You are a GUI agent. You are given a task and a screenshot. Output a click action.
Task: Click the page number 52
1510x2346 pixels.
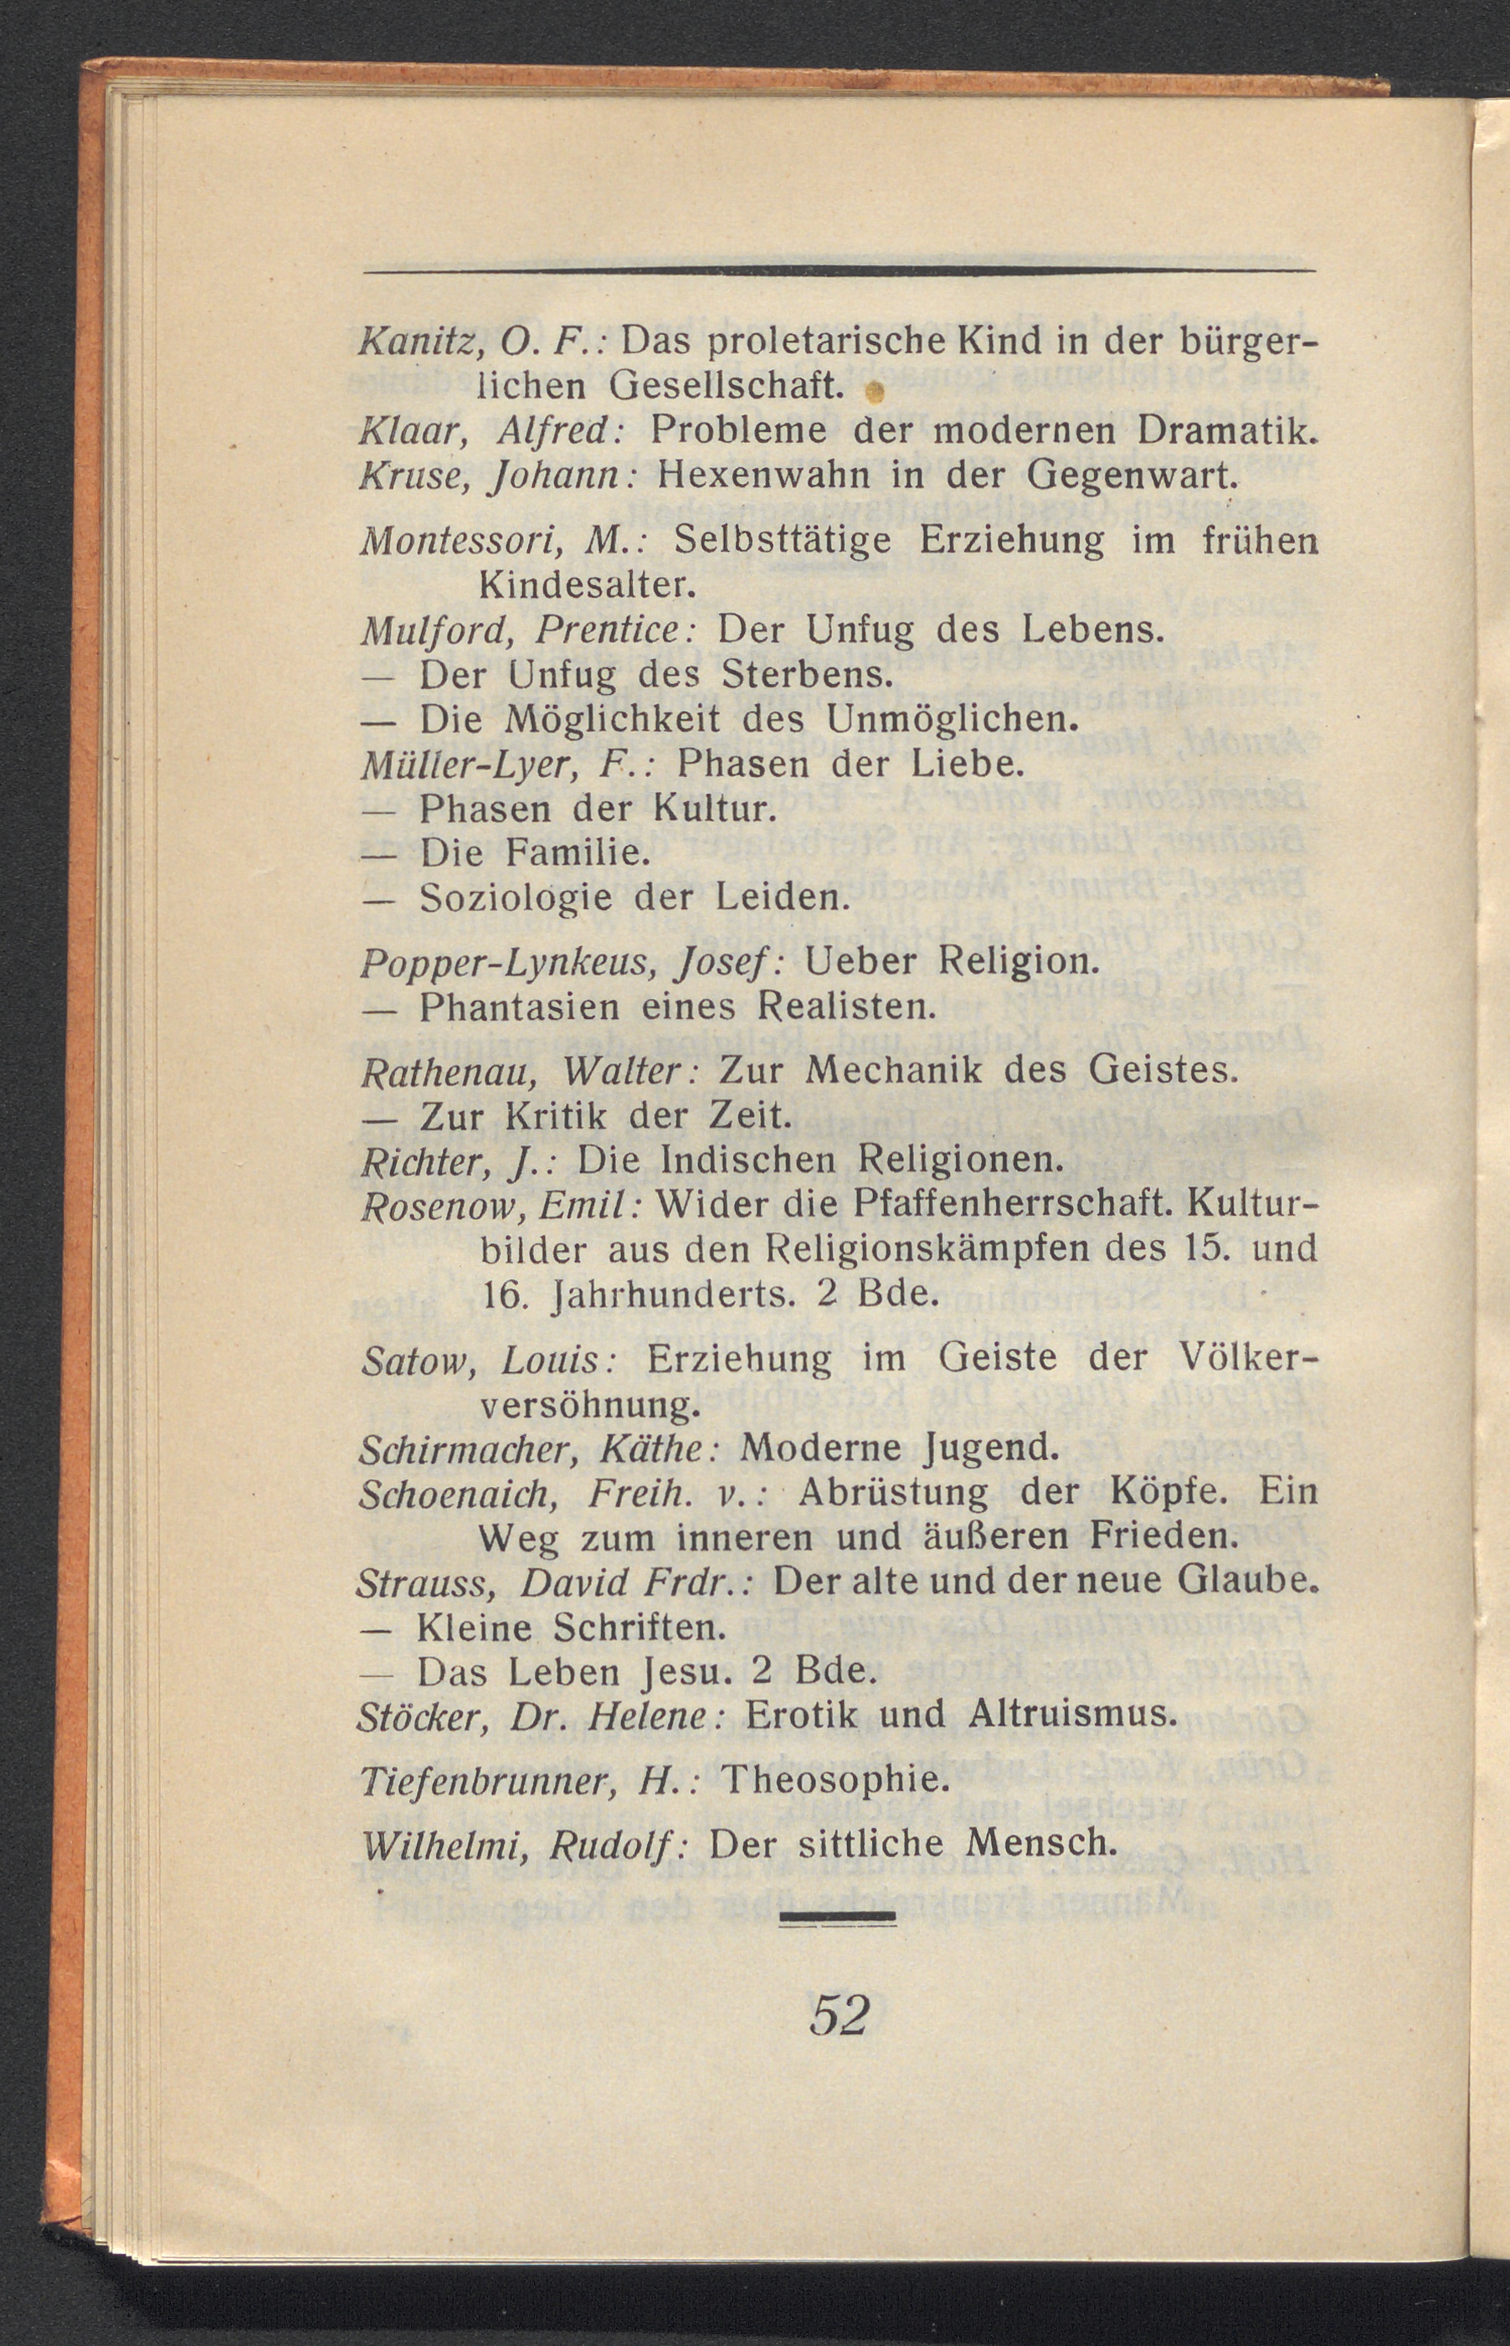click(x=840, y=2014)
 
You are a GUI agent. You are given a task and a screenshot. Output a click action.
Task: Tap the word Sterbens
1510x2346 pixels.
click(x=805, y=675)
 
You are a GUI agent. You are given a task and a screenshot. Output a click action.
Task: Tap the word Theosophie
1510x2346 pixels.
click(x=836, y=1780)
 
